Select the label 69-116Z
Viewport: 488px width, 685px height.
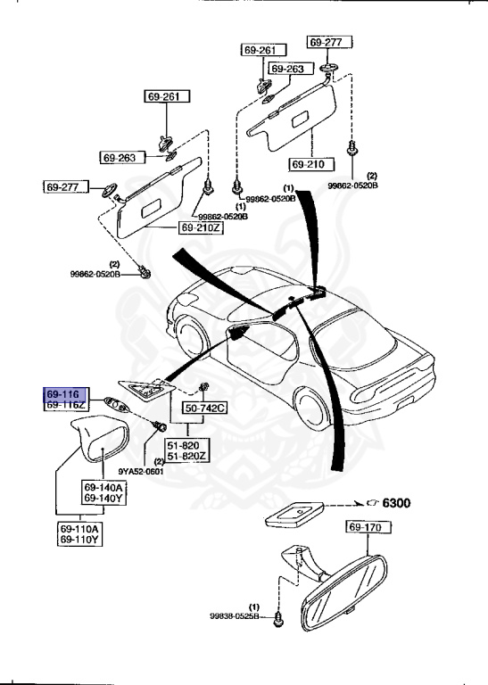pos(66,405)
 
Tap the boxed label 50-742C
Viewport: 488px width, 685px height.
pos(206,409)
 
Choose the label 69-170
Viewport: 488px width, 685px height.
pos(367,529)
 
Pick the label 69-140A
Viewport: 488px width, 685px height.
pos(104,487)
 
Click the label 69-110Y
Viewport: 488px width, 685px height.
pos(80,540)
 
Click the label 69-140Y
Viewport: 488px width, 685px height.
pos(104,499)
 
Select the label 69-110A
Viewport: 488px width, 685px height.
pos(80,528)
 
